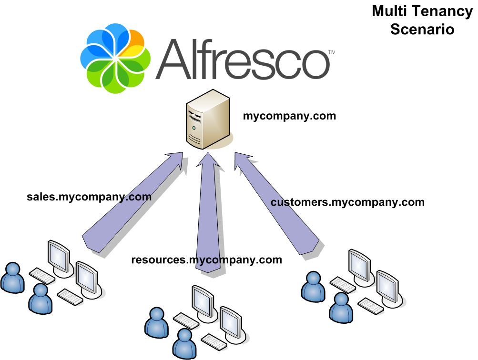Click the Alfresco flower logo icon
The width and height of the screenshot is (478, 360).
(x=116, y=58)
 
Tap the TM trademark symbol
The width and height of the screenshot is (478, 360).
(x=331, y=52)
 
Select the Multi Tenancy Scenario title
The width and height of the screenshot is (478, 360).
(x=422, y=20)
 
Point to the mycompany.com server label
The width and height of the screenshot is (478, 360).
(x=289, y=116)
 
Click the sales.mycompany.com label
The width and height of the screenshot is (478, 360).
(x=89, y=197)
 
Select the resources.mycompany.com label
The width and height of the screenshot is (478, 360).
(x=206, y=260)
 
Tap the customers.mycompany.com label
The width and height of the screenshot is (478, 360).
(x=347, y=202)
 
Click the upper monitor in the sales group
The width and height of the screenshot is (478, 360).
(x=59, y=256)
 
